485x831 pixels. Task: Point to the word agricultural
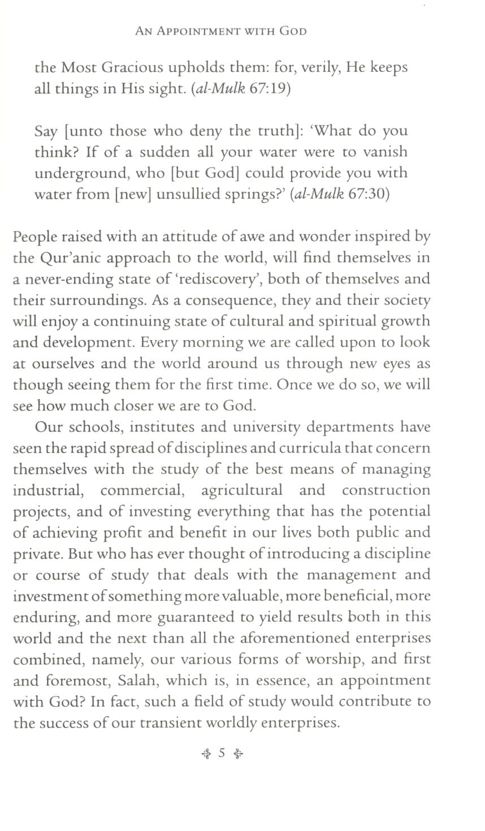(241, 490)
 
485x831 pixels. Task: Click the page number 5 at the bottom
(222, 753)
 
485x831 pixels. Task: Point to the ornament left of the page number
(206, 754)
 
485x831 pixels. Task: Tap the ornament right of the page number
(238, 754)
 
